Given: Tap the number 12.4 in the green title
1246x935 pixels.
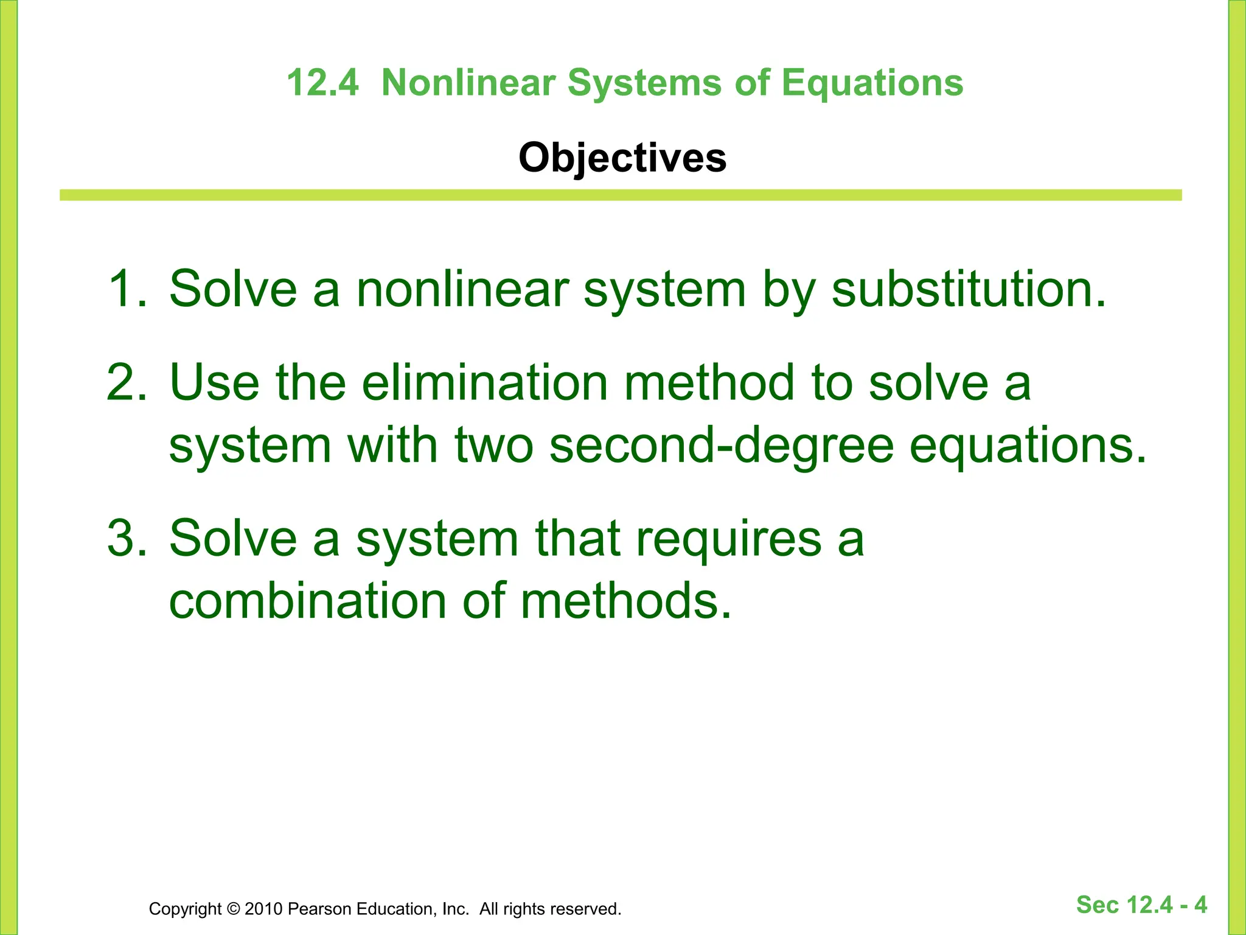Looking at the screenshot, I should [322, 83].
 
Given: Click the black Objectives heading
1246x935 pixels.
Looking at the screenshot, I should [622, 158].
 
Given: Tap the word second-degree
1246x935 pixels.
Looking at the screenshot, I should [721, 446].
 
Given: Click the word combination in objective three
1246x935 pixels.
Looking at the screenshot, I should [307, 601].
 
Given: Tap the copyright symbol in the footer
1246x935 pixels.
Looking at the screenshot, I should [233, 909].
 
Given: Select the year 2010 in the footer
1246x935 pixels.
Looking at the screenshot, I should [263, 909].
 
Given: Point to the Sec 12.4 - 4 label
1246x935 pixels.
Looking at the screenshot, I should [1141, 905].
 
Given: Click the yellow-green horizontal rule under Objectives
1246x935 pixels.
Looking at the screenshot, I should [621, 195].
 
